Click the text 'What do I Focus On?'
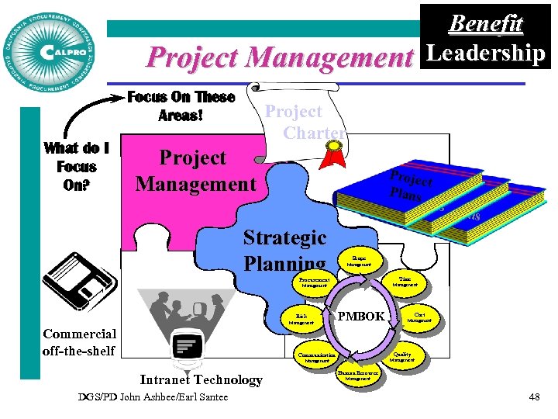click(77, 167)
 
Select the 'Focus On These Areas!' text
click(181, 106)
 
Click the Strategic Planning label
click(284, 250)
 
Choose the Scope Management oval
click(360, 261)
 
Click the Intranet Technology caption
click(201, 379)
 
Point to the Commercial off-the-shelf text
click(80, 342)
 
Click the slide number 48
click(534, 397)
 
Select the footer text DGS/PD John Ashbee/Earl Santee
click(153, 397)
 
